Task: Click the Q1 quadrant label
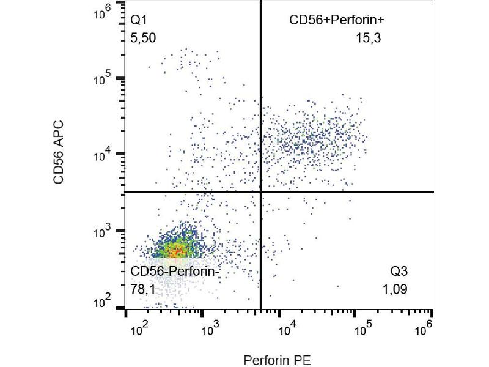pos(139,21)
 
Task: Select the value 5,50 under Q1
pos(144,38)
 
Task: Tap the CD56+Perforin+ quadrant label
pos(336,21)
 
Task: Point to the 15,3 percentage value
pos(369,38)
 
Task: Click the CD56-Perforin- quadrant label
pos(174,272)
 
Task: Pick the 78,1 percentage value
pos(144,289)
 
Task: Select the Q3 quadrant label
pos(399,272)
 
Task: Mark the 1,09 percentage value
pos(395,289)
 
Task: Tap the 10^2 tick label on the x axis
pos(141,330)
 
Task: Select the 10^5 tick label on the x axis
pos(364,330)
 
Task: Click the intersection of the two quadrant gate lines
pos(261,192)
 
